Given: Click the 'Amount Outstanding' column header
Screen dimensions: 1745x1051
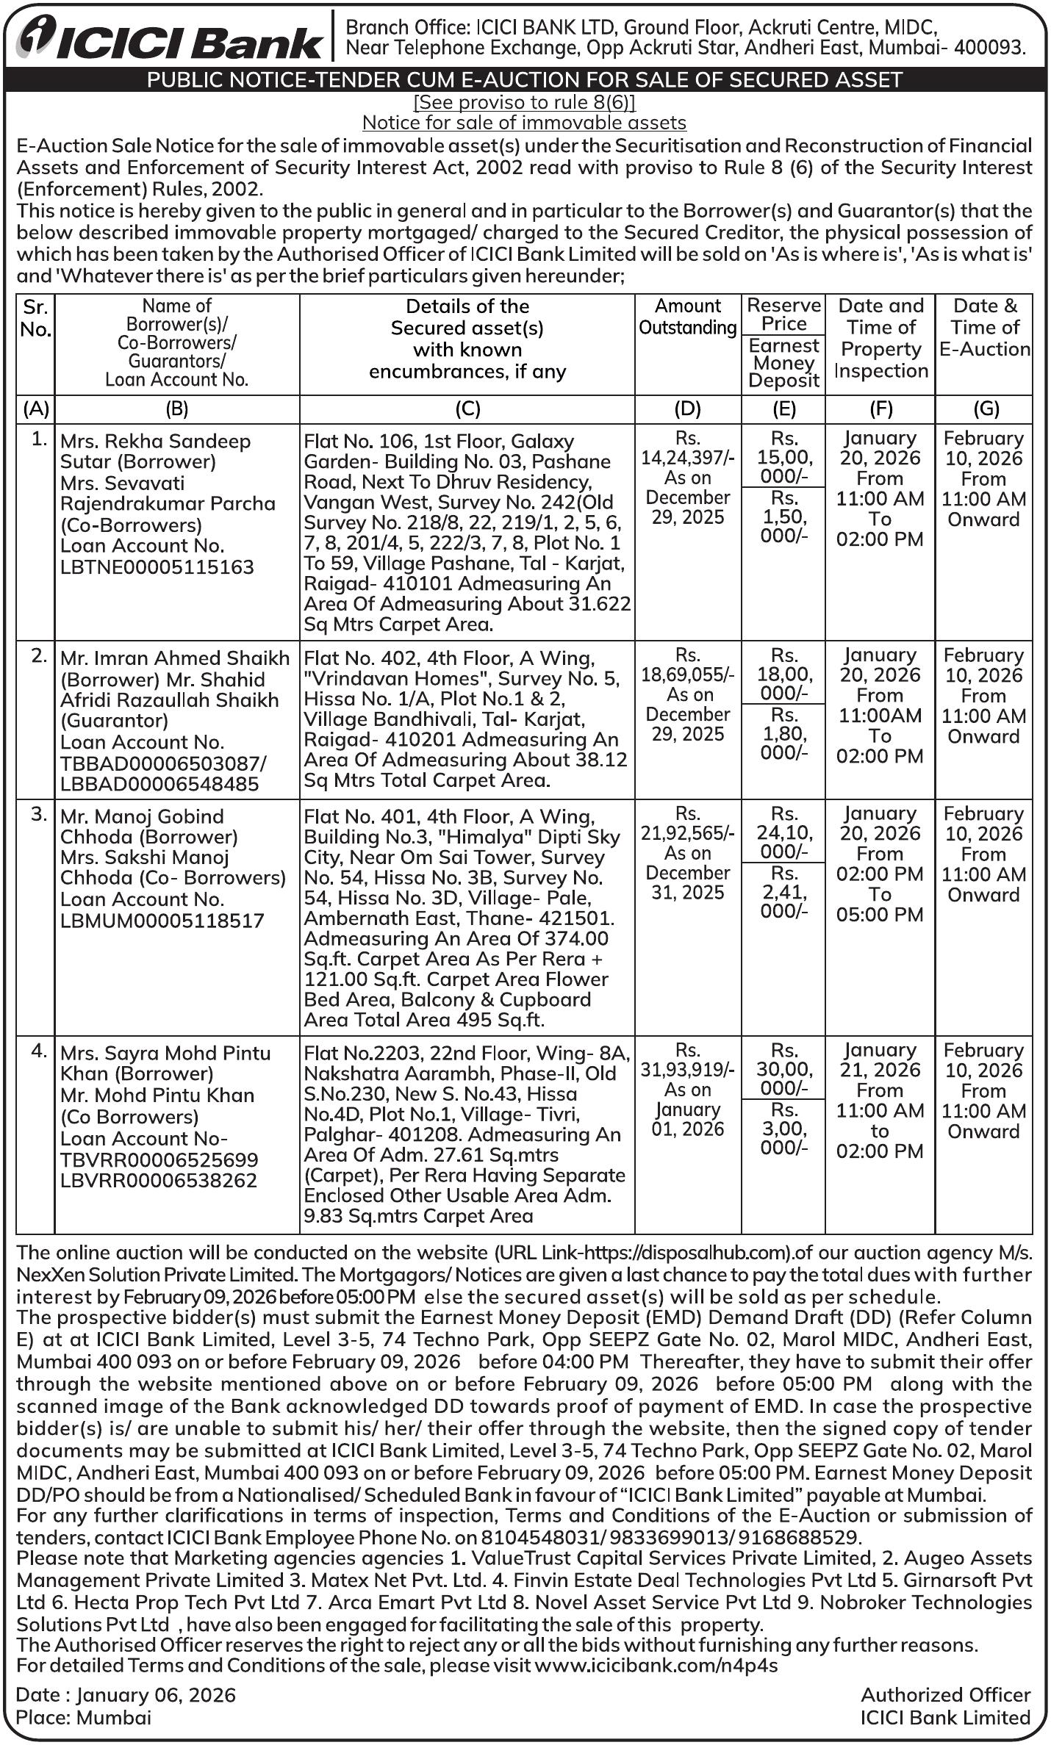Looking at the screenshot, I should click(x=688, y=317).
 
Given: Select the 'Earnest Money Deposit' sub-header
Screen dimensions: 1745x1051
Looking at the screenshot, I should click(x=783, y=363).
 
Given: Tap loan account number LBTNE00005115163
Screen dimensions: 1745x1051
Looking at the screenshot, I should click(x=157, y=567).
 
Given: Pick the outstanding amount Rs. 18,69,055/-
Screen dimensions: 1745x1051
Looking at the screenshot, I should click(x=688, y=674).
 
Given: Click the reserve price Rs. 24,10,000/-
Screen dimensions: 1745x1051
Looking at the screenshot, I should click(x=783, y=832).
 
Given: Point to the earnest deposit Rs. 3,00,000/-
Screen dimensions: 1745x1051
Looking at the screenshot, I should click(x=783, y=1129).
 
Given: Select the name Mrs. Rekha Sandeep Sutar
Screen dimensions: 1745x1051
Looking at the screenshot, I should click(x=155, y=442).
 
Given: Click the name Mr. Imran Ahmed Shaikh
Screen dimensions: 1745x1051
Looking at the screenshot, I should click(x=175, y=658).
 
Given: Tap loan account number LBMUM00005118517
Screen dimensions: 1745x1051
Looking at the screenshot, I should click(x=162, y=921).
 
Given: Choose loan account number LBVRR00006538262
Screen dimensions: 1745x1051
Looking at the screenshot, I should click(x=159, y=1181).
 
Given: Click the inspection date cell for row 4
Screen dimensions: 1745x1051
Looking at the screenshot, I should click(x=880, y=1100).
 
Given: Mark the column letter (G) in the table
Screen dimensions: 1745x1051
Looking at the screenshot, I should click(x=983, y=409).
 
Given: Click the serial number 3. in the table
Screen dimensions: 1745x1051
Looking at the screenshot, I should click(x=40, y=815).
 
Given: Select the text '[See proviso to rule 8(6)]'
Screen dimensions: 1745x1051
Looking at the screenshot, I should click(x=524, y=101).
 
